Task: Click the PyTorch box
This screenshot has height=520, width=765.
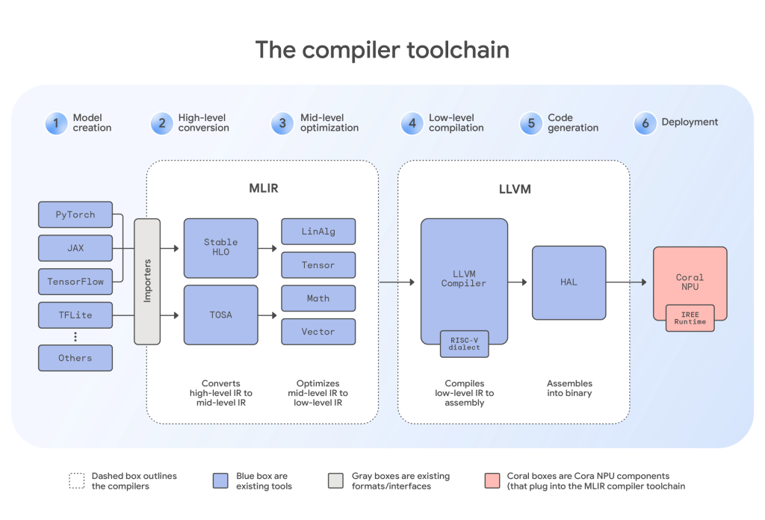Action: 75,214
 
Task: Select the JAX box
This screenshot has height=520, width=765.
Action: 75,248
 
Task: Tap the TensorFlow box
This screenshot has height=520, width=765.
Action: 75,282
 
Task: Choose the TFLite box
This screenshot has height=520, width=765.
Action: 75,315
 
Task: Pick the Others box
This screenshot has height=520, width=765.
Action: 75,358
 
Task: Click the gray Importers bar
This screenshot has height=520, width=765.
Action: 147,281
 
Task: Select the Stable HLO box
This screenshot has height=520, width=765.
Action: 220,248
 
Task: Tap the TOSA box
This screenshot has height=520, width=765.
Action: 220,315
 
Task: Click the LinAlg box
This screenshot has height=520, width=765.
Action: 318,232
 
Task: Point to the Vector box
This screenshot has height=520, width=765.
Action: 318,331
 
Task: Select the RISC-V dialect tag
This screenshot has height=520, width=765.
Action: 465,341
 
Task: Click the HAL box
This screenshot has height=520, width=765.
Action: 569,282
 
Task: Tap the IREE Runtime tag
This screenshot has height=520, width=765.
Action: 690,318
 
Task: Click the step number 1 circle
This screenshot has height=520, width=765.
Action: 56,123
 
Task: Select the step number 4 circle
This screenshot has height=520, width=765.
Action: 412,123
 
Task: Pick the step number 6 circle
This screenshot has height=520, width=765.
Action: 645,123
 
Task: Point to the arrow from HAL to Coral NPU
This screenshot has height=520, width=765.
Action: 626,282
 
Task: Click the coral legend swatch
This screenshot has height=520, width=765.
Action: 492,480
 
